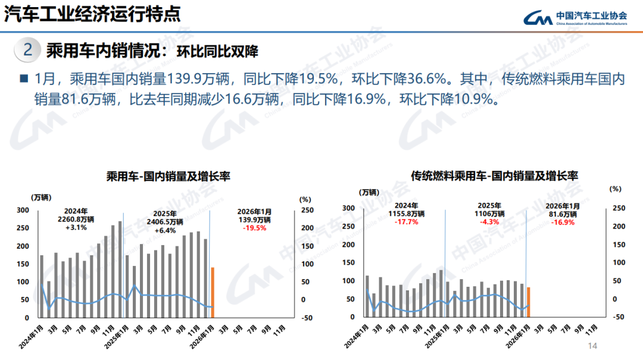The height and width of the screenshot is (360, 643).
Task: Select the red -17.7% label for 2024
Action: click(407, 222)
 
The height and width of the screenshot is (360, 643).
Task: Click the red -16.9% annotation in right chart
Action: click(563, 222)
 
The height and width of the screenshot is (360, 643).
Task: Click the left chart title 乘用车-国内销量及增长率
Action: click(168, 176)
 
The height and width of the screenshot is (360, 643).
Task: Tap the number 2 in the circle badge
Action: click(27, 50)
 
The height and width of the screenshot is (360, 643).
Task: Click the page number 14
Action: click(592, 347)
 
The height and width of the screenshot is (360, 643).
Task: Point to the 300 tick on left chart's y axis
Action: click(22, 210)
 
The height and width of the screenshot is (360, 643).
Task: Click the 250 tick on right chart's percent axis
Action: click(619, 208)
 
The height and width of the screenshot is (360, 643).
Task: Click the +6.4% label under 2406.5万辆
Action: click(164, 230)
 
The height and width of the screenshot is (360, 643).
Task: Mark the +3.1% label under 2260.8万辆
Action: click(76, 227)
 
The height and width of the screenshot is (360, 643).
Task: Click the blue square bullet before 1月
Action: click(24, 79)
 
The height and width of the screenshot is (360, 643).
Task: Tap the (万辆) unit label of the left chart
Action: click(42, 196)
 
